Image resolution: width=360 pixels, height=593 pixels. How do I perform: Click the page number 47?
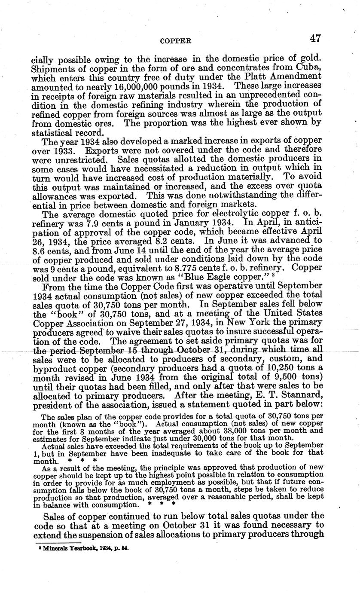coord(315,38)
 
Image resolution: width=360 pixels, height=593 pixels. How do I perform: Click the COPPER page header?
coord(175,41)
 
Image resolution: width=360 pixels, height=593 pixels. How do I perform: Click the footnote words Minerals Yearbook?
coord(66,549)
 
